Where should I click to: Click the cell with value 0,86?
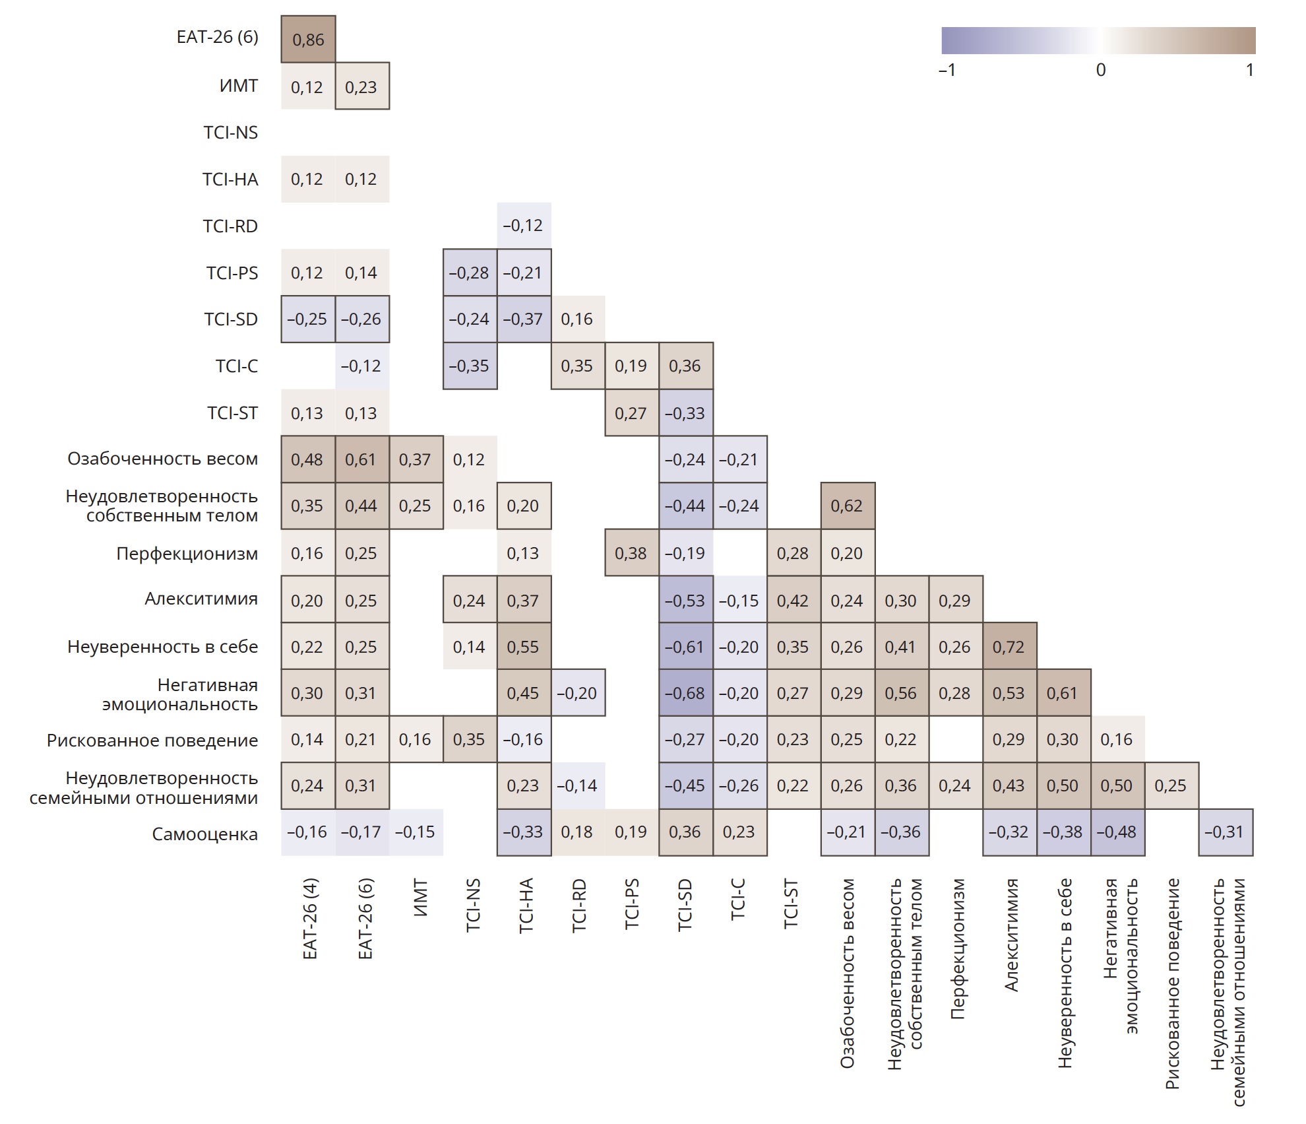coord(308,40)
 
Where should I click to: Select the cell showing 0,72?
coord(1009,647)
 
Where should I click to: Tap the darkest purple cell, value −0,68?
coord(685,693)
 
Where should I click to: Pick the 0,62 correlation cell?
coord(847,506)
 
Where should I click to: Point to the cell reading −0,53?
coord(685,601)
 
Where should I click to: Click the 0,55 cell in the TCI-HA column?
coord(523,647)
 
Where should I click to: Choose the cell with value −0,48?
coord(1117,832)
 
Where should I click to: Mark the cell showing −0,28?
coord(469,273)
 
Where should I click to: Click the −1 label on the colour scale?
coord(947,70)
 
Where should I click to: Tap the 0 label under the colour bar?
coord(1101,70)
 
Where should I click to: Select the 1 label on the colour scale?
coord(1249,70)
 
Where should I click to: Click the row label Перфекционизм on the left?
coord(187,553)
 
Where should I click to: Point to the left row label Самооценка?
coord(204,834)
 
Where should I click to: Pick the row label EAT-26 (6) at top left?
coord(217,37)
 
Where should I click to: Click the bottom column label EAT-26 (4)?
coord(310,919)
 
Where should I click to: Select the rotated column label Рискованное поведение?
coord(1172,983)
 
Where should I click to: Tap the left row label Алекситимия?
coord(201,599)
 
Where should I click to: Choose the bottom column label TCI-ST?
coord(792,904)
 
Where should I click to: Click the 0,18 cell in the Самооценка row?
coord(577,832)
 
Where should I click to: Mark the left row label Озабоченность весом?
coord(162,459)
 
